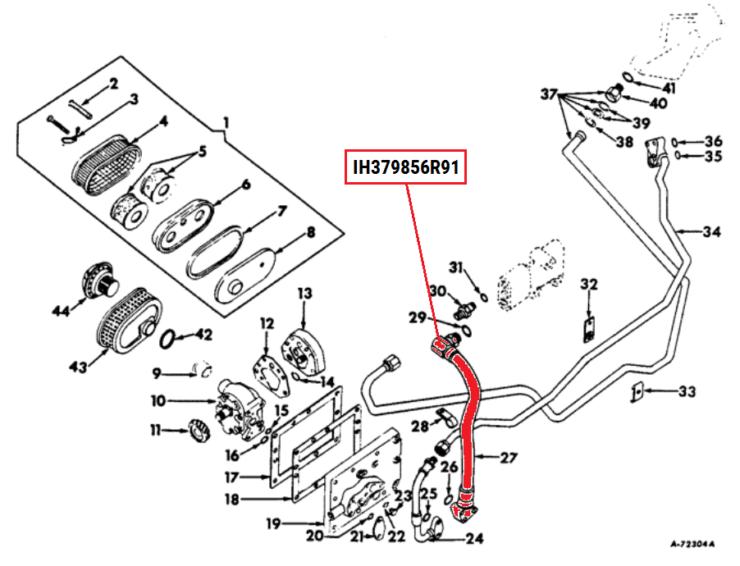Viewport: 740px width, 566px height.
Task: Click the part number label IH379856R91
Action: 405,168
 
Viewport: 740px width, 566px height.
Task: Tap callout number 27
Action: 509,458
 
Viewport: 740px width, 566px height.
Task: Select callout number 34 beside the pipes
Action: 710,232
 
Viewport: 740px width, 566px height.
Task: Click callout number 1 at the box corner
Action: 225,125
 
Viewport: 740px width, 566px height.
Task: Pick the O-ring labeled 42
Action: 167,338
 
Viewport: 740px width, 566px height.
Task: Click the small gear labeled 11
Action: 199,429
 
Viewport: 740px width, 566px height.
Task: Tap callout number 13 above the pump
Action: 305,293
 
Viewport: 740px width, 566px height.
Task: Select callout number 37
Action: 548,94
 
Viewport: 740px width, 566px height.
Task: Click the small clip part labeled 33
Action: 636,393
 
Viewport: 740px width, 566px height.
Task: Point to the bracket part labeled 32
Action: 589,328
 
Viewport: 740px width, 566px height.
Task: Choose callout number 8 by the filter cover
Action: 310,232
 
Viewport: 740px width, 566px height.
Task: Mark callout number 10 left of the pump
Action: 158,401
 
